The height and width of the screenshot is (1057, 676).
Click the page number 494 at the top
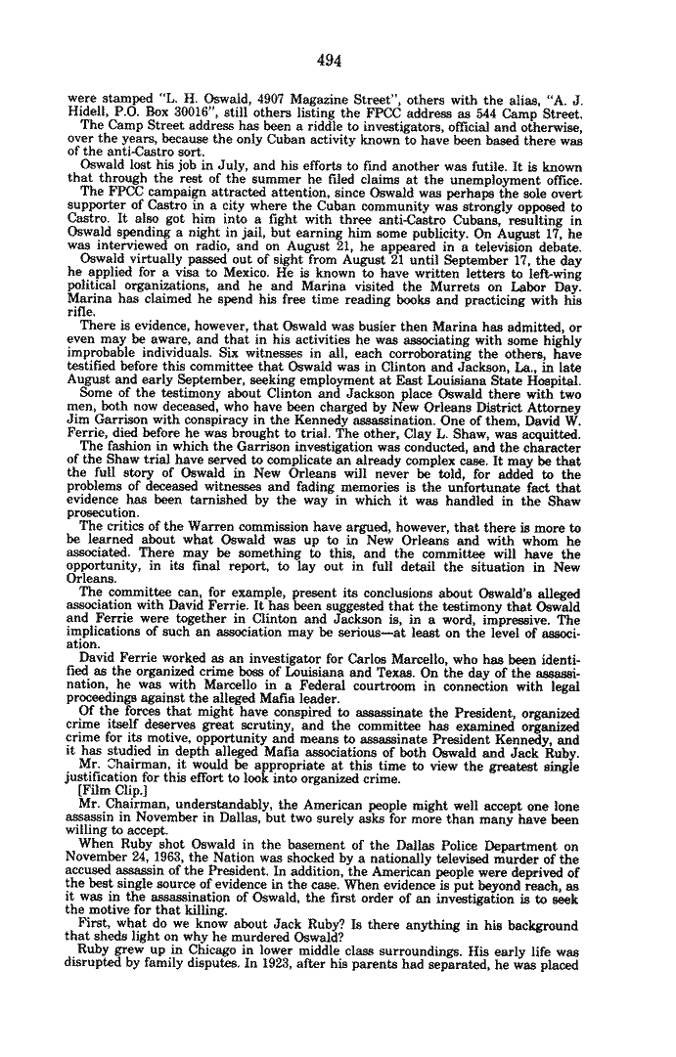pyautogui.click(x=329, y=61)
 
